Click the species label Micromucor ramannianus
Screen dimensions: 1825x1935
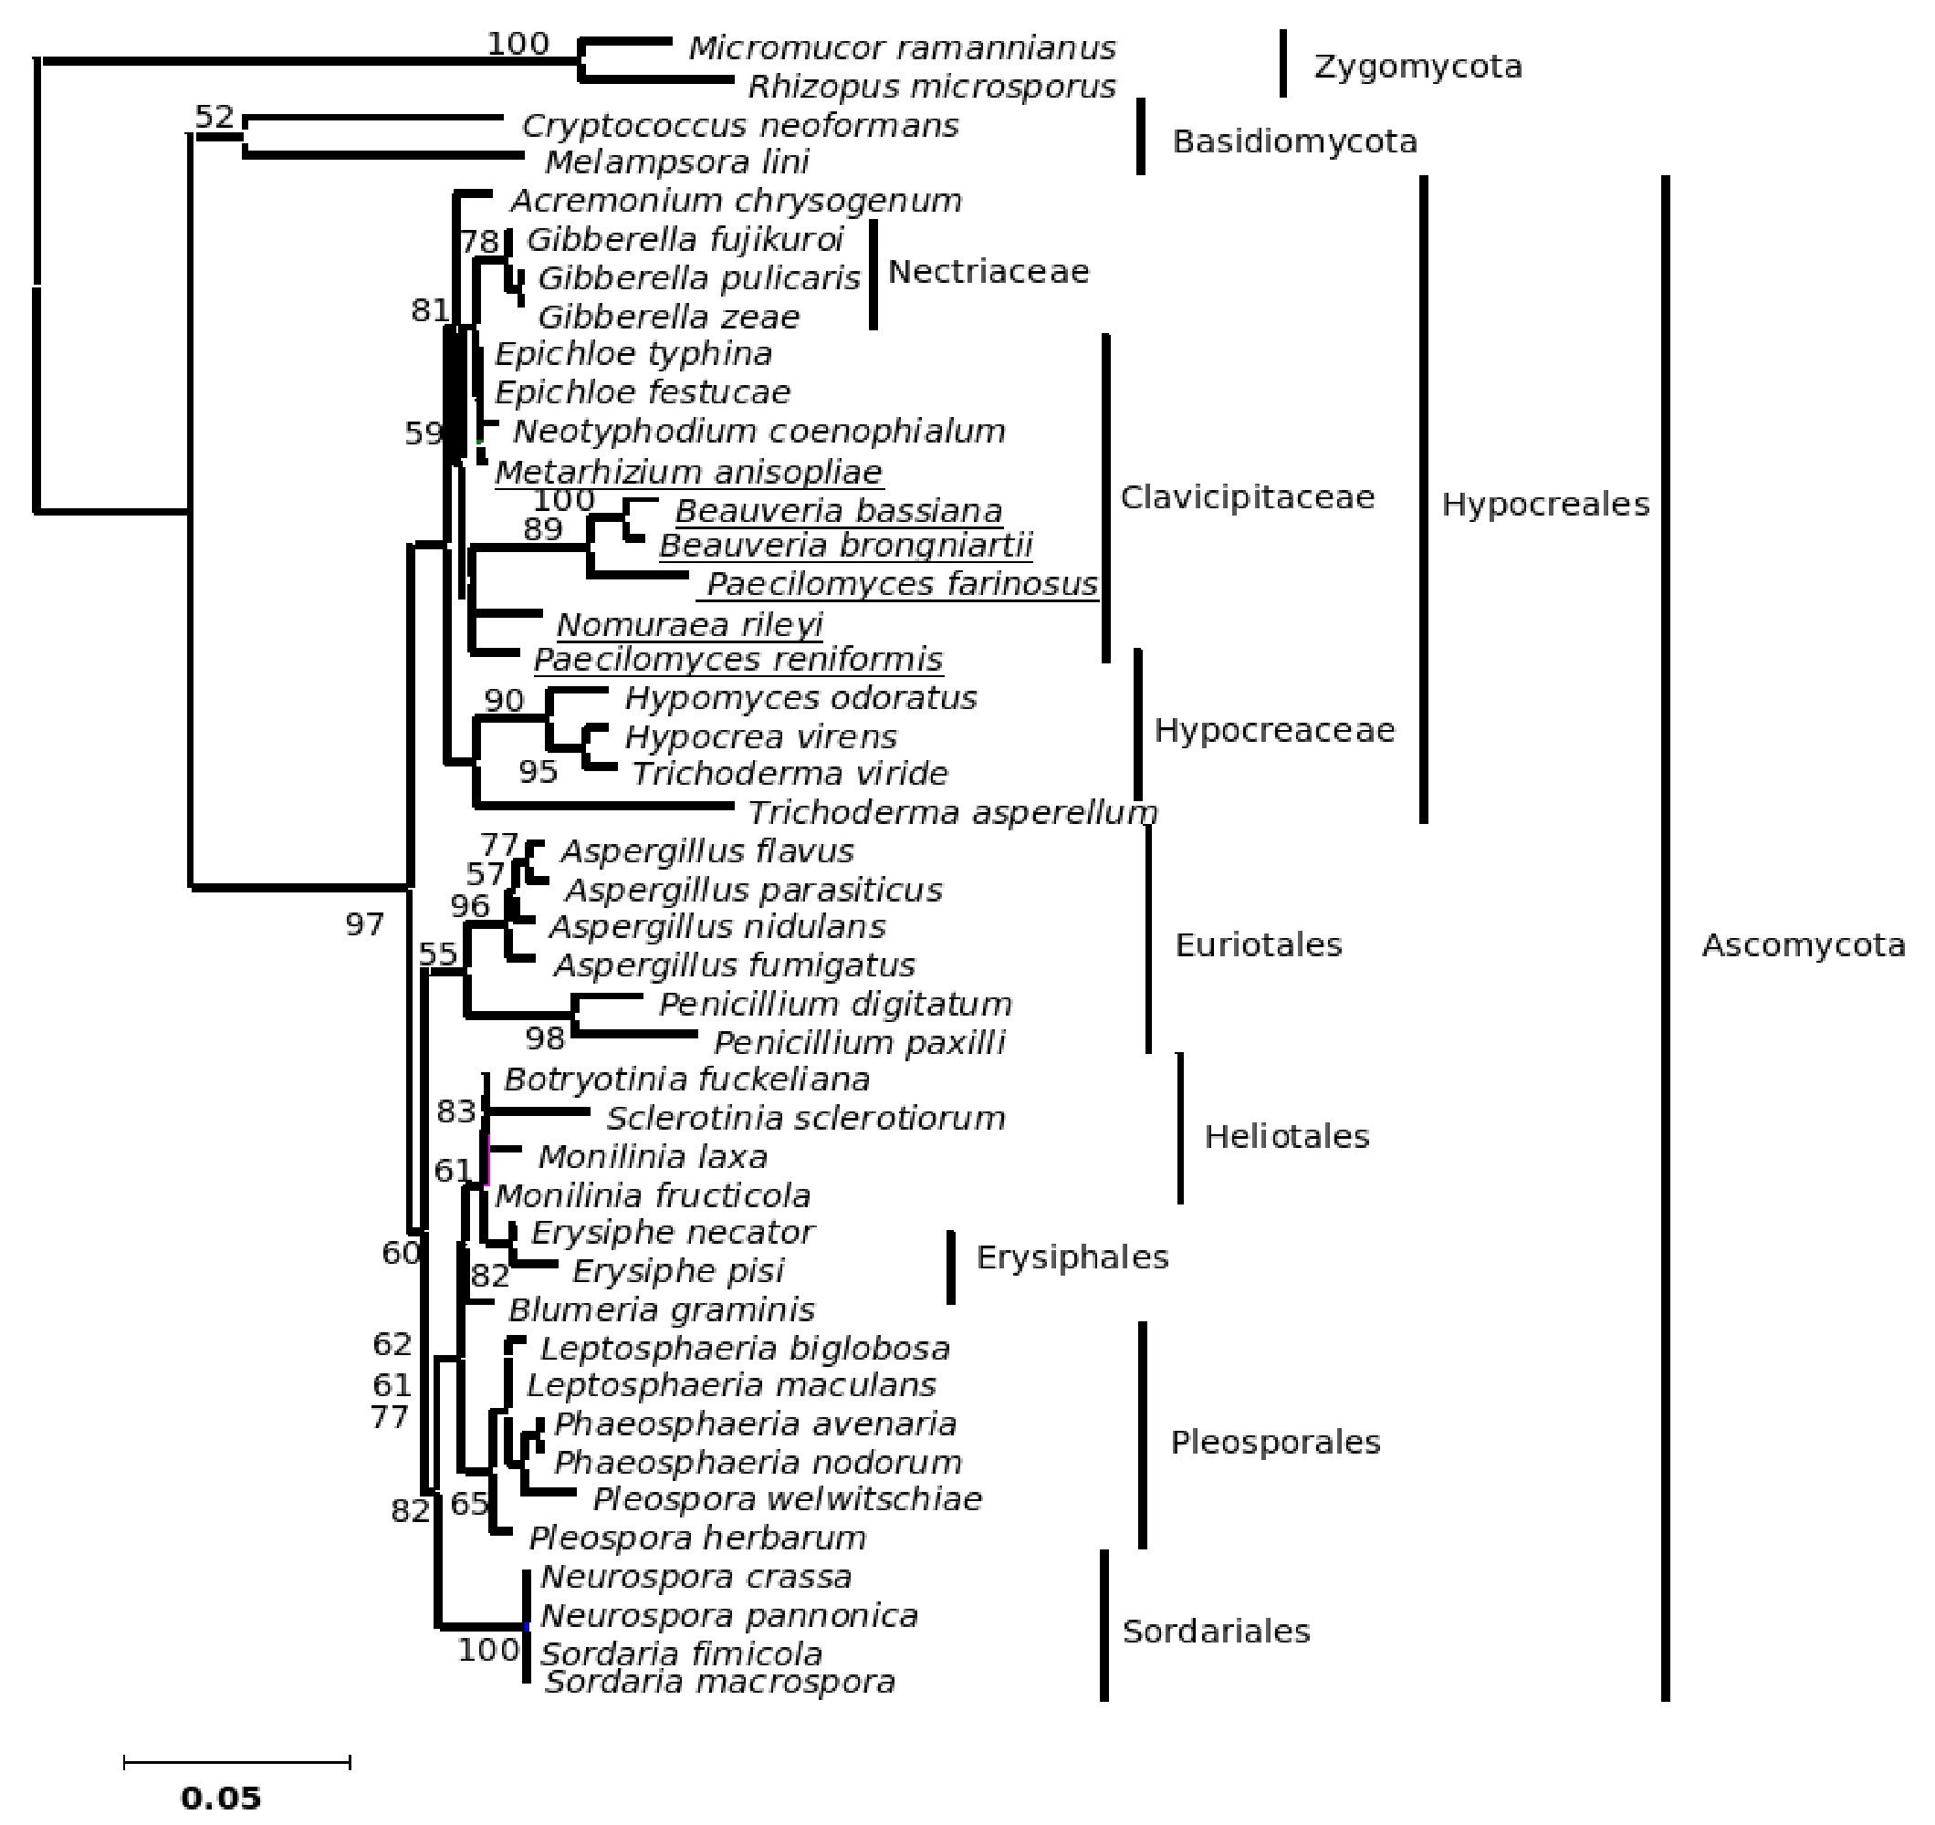tap(901, 48)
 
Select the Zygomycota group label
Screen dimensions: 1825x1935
tap(1417, 68)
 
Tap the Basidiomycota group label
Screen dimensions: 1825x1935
tap(1293, 142)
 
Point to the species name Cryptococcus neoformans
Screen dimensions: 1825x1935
tap(739, 126)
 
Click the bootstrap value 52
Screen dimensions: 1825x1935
tap(214, 117)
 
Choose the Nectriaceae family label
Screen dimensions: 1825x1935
tap(988, 272)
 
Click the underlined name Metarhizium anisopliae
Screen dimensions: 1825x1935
tap(688, 472)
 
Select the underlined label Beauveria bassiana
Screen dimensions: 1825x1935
tap(838, 511)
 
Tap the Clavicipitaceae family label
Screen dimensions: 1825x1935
tap(1247, 497)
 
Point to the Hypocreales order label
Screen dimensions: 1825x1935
tap(1544, 505)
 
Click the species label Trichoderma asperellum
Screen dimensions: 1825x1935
tap(952, 812)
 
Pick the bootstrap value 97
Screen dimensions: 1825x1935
tap(365, 923)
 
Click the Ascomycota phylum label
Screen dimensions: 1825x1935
tap(1803, 945)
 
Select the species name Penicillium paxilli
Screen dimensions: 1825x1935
tap(860, 1042)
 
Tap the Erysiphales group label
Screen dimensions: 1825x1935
tap(1072, 1257)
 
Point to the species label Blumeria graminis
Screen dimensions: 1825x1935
tap(662, 1310)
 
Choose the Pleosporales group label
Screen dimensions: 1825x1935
tap(1275, 1443)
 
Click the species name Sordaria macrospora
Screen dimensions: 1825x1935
tap(719, 1682)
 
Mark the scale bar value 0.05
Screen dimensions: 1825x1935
tap(221, 1796)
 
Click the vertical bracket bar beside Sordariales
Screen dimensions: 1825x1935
tap(1103, 1624)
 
